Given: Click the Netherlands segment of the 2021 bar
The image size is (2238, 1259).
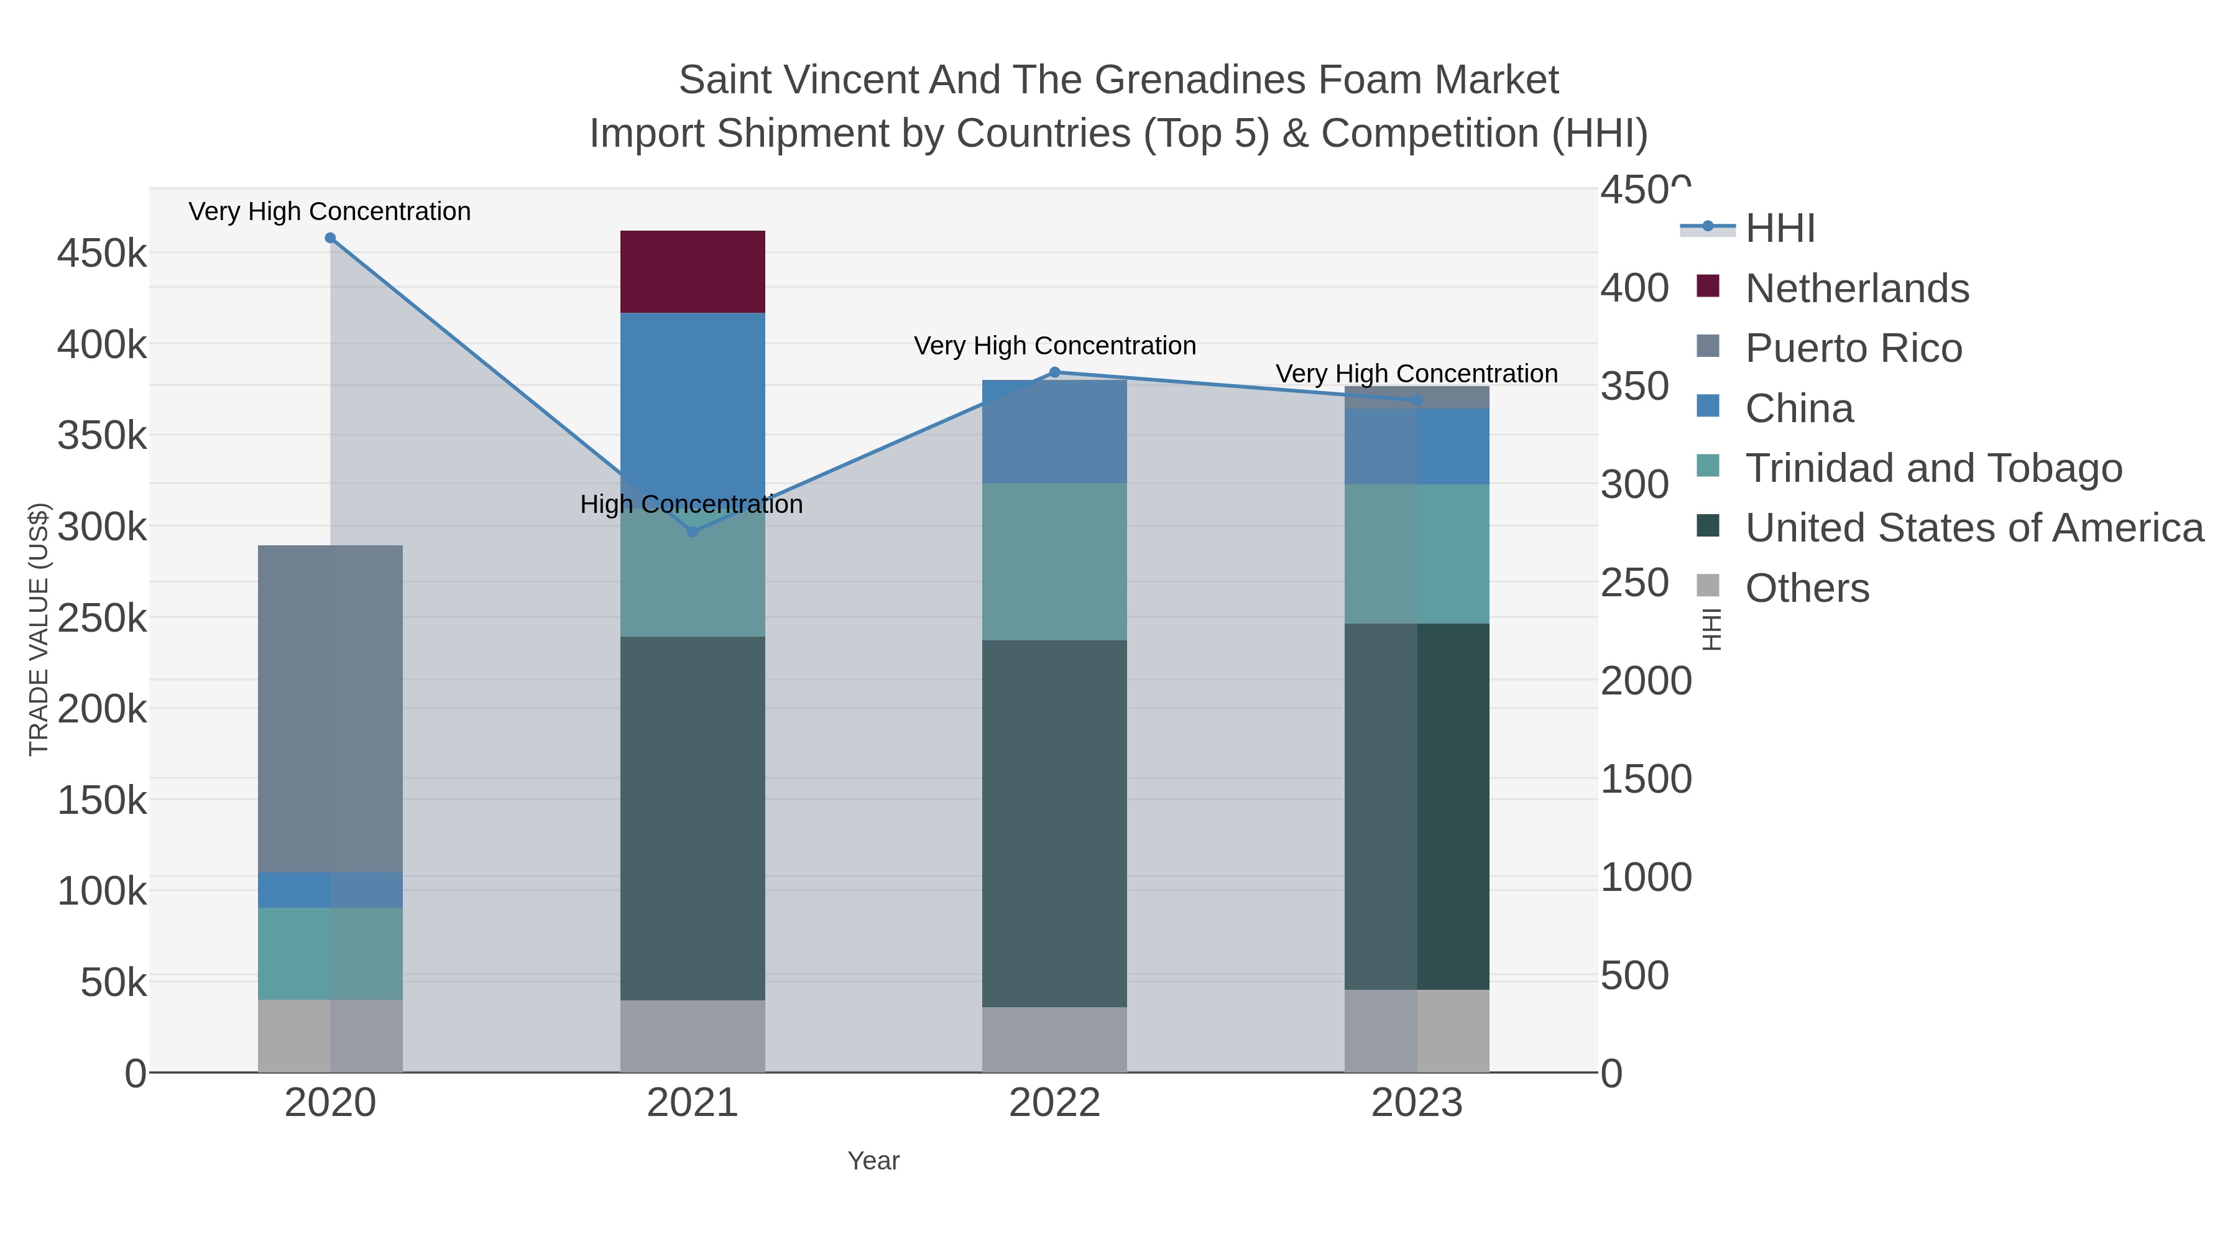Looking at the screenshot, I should pos(693,271).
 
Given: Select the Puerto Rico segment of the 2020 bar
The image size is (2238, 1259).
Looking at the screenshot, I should pos(330,708).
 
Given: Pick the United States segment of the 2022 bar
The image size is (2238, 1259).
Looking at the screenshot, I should pos(1054,823).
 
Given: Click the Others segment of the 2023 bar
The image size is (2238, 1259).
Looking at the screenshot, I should pos(1416,1030).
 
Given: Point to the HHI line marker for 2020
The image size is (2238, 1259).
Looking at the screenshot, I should pos(330,238).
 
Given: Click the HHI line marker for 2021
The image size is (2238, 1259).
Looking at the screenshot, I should pos(693,532).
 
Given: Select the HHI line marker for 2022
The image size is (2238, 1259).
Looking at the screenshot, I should pos(1055,372).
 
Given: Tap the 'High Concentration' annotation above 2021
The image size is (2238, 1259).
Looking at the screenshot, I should pos(691,504).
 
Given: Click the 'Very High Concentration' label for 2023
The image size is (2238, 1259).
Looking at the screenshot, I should pos(1416,374).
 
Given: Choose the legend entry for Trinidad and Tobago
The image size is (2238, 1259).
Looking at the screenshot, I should pos(1933,468).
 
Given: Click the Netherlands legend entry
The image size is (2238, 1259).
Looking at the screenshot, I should pos(1856,288).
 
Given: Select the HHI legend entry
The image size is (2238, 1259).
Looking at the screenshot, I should pos(1779,229).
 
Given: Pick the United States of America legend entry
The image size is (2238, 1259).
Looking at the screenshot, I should pos(1974,528).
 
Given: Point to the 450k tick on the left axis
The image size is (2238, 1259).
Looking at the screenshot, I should pos(103,254).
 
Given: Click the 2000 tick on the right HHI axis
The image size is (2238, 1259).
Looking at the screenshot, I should pos(1646,680).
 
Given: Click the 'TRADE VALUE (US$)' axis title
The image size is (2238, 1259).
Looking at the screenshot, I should pos(39,629).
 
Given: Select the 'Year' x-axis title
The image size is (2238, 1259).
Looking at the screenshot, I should pos(873,1161).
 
